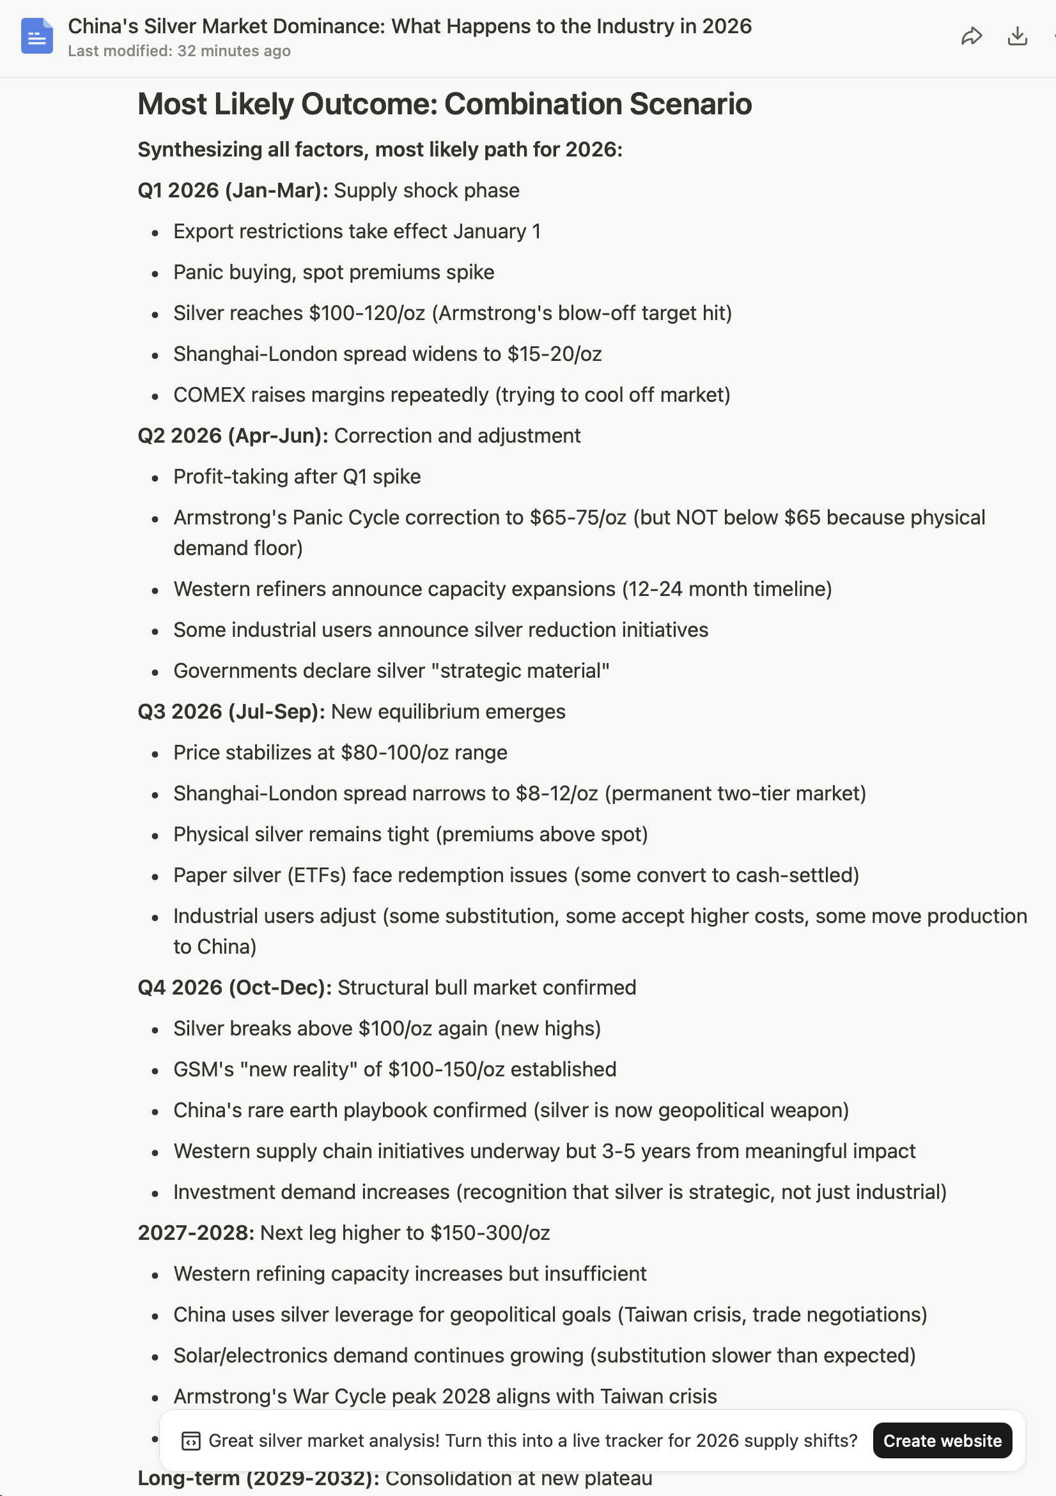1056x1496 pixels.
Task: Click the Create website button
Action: (942, 1440)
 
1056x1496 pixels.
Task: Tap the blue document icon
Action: (36, 36)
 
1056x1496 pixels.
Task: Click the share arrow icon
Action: (971, 36)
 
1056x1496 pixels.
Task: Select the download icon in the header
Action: (1017, 36)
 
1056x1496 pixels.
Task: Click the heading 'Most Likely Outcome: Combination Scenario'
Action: (444, 104)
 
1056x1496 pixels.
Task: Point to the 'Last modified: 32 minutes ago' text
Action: (179, 51)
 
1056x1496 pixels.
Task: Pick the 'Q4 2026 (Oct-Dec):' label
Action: (235, 987)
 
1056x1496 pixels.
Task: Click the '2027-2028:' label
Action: (196, 1233)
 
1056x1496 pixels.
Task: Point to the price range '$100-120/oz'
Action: (367, 313)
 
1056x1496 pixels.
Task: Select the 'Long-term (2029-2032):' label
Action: (258, 1478)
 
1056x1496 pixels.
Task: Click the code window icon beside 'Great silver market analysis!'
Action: (191, 1440)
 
